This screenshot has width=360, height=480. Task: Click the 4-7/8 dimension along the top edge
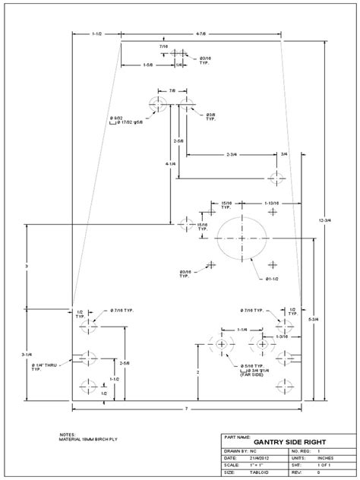201,34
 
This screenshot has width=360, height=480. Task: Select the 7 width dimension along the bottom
186,410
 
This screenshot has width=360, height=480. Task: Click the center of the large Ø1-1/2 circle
242,238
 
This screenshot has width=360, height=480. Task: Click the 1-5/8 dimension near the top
150,66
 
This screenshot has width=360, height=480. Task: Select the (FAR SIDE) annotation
251,375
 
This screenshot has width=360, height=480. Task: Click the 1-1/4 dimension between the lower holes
242,330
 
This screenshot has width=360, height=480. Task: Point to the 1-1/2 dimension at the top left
96,34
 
